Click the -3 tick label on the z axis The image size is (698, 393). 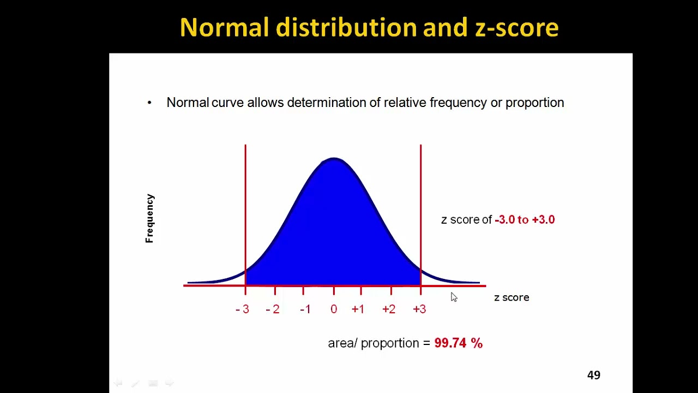pyautogui.click(x=243, y=309)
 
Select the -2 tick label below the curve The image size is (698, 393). pyautogui.click(x=273, y=309)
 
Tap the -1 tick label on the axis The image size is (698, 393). pyautogui.click(x=305, y=309)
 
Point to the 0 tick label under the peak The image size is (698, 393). pyautogui.click(x=334, y=309)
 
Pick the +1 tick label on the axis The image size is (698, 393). pyautogui.click(x=358, y=309)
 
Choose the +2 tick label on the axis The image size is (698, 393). pyautogui.click(x=389, y=309)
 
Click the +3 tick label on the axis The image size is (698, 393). pyautogui.click(x=419, y=309)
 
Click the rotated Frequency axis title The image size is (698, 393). pyautogui.click(x=150, y=218)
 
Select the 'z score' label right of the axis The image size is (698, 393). pyautogui.click(x=512, y=297)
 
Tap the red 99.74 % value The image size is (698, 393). pyautogui.click(x=458, y=343)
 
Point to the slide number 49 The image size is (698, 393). pyautogui.click(x=593, y=375)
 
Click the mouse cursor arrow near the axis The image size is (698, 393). pyautogui.click(x=454, y=296)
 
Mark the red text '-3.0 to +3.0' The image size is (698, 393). pyautogui.click(x=525, y=219)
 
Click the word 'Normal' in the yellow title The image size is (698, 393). pyautogui.click(x=224, y=27)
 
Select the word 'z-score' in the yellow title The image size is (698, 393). pyautogui.click(x=516, y=27)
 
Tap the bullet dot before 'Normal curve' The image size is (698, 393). pyautogui.click(x=149, y=103)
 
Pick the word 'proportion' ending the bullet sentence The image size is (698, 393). pyautogui.click(x=534, y=103)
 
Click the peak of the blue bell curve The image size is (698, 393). pyautogui.click(x=334, y=159)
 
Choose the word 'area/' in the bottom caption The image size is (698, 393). pyautogui.click(x=342, y=343)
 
